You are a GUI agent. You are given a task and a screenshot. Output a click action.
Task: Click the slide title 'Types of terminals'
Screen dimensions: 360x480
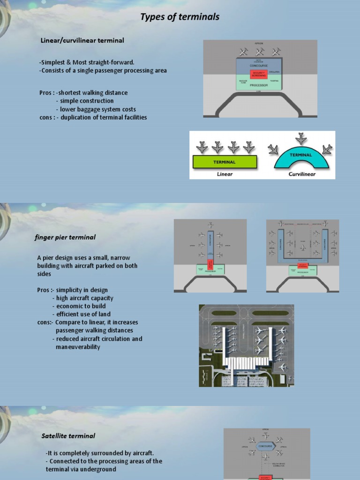[x=180, y=17]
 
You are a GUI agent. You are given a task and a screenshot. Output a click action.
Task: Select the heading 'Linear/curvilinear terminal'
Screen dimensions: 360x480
[x=82, y=40]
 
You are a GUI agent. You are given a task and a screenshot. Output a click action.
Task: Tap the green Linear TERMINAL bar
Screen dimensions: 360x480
[x=225, y=162]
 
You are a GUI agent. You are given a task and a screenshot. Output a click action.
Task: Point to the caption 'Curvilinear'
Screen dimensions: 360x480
[x=301, y=174]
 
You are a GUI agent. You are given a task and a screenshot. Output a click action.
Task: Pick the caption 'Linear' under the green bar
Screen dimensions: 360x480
[x=225, y=174]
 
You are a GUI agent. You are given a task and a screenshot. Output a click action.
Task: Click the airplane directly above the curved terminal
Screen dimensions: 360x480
[x=301, y=139]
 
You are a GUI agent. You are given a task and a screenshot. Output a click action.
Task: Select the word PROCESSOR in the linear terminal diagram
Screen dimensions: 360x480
[x=259, y=85]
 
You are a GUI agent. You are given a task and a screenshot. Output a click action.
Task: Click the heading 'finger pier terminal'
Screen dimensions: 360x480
[x=65, y=237]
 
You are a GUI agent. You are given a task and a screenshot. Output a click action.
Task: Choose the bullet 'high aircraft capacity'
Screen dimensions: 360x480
[x=84, y=298]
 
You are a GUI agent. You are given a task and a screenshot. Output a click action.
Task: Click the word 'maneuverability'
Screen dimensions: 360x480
[x=78, y=347]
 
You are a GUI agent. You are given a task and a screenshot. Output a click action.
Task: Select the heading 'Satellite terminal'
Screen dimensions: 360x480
[x=68, y=436]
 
